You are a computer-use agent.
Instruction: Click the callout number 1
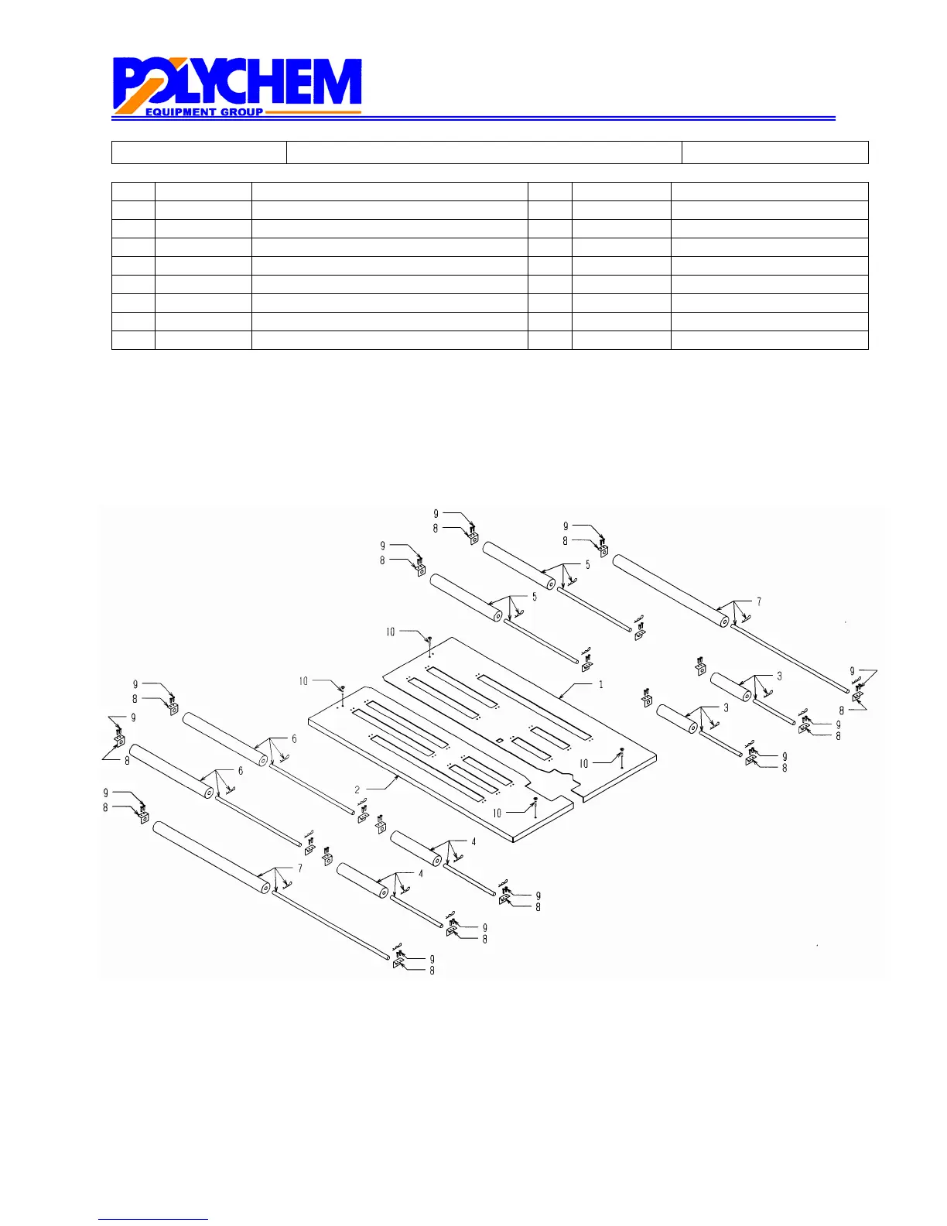coord(601,684)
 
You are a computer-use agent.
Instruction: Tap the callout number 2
coord(357,789)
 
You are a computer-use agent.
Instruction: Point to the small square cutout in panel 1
coord(500,740)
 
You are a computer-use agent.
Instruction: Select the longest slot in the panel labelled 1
coord(534,707)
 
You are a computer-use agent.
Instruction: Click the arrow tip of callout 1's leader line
coord(559,698)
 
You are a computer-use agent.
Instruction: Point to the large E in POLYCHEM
coord(307,82)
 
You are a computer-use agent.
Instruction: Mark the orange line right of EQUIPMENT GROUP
coord(313,112)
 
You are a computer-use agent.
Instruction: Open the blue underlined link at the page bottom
coord(153,1219)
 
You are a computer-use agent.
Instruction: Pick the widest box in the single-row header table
coord(484,152)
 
